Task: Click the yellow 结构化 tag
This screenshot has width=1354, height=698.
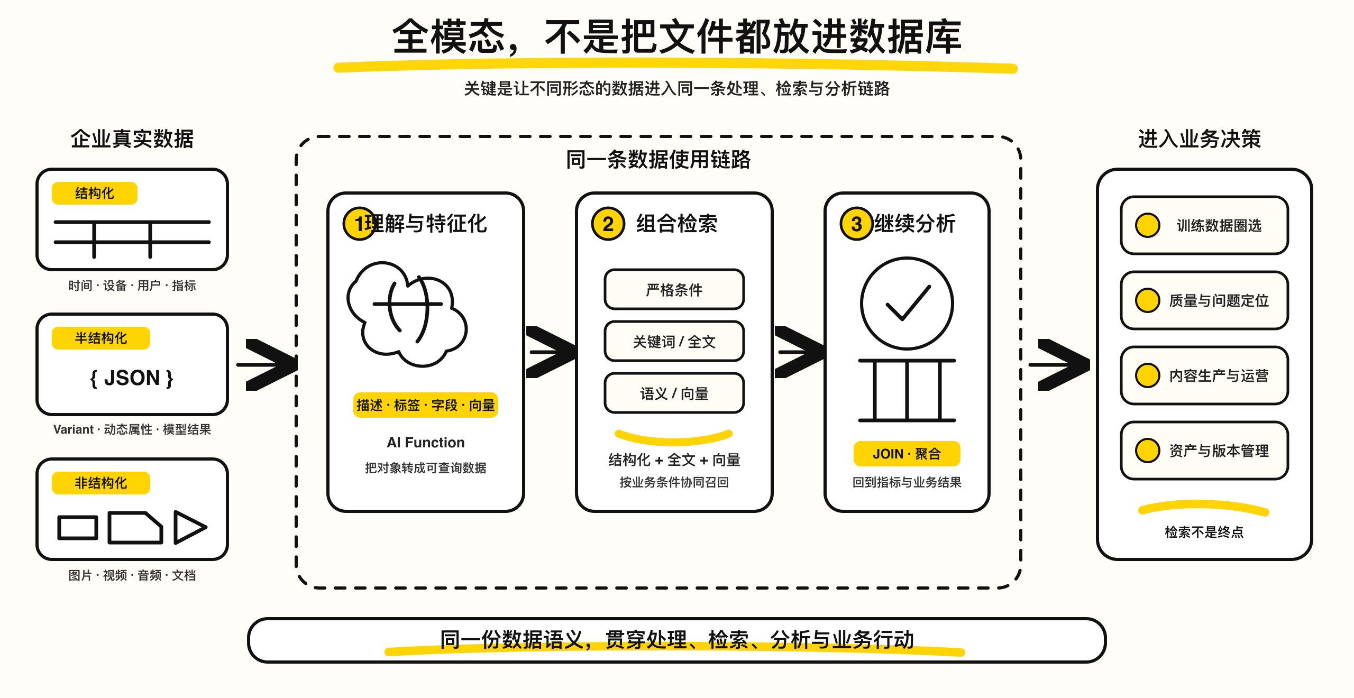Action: (95, 193)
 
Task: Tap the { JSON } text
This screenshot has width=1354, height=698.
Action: (132, 378)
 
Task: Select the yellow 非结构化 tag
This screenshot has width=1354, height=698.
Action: (101, 483)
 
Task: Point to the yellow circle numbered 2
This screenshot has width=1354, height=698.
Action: (608, 224)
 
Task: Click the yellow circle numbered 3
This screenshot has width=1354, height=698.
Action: (856, 224)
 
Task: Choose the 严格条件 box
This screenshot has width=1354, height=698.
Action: (674, 289)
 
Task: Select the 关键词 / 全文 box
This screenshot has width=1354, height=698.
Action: (674, 341)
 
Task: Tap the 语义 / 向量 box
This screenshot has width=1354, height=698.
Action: (674, 393)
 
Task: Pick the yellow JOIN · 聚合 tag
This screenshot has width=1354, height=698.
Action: (907, 454)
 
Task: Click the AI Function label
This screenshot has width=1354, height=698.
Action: (426, 442)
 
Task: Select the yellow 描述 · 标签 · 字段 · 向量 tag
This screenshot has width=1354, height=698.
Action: (426, 405)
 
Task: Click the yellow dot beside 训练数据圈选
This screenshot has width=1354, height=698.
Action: (1148, 225)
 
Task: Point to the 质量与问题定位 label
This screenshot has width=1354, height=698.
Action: (1219, 300)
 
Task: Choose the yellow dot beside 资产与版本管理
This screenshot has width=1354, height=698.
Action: (1148, 451)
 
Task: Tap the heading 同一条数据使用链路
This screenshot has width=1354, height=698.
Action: (658, 159)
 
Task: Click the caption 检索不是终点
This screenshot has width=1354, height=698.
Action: (1204, 532)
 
